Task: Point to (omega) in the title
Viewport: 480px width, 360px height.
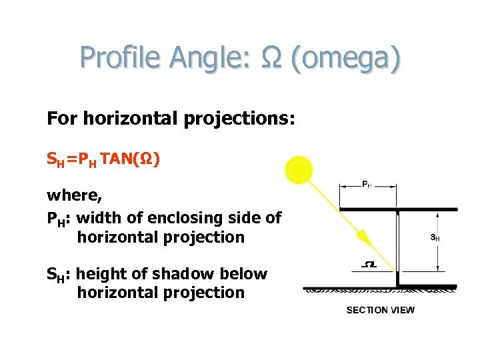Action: click(347, 59)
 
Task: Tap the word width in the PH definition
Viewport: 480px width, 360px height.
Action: click(99, 218)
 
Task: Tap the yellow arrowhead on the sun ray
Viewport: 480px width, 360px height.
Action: click(363, 237)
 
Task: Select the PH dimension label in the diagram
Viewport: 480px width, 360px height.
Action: click(367, 185)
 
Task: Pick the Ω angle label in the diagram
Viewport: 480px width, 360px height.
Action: click(368, 265)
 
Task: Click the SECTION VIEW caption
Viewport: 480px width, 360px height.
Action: click(380, 310)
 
